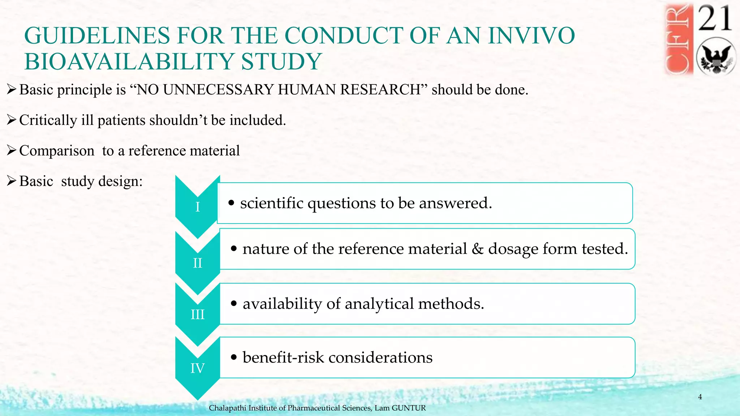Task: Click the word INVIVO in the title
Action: coord(531,36)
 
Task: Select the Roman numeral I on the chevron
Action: coord(197,207)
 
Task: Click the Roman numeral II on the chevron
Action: coord(197,263)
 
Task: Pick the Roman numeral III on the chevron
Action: coord(197,315)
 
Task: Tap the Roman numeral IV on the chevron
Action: coord(197,368)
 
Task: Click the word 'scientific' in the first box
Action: coord(272,203)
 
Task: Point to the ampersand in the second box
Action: coord(478,249)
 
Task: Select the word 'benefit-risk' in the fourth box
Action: coord(283,357)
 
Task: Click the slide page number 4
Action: coord(700,397)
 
